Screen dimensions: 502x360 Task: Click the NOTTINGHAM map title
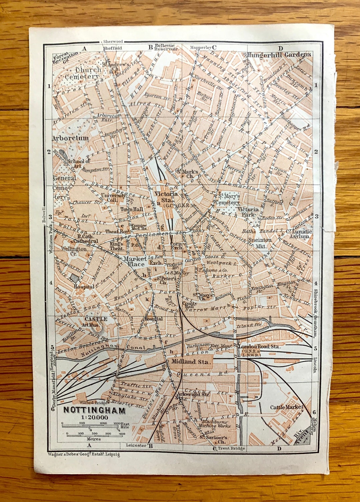click(94, 410)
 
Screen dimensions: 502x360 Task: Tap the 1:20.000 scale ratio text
click(94, 417)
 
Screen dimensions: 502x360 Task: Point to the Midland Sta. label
click(190, 361)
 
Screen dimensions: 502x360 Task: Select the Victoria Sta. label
click(166, 197)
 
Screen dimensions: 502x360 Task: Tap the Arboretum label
click(70, 138)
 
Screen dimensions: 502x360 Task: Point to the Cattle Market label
click(287, 407)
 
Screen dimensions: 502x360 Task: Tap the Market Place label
click(135, 261)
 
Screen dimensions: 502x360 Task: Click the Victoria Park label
click(248, 212)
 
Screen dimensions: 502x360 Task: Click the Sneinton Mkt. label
click(260, 243)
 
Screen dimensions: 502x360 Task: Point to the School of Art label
click(78, 163)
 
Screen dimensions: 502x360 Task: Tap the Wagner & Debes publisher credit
click(84, 454)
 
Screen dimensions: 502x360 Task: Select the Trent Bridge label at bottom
click(231, 448)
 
